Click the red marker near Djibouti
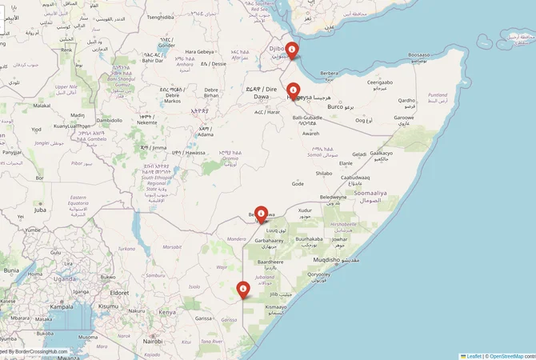292,50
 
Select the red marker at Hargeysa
294,92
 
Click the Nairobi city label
152,341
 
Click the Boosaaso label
418,55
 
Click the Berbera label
329,73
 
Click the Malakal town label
42,105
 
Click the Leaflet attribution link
473,355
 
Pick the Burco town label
335,106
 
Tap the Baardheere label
270,261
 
